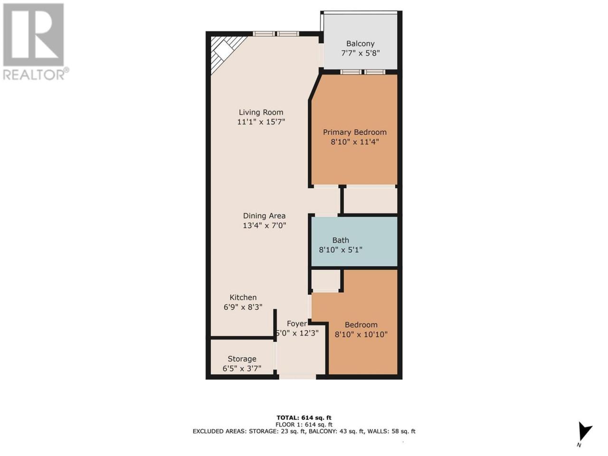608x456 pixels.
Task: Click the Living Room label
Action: (x=261, y=113)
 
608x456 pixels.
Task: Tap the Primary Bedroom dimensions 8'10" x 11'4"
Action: (x=354, y=142)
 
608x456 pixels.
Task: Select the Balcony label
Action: (x=360, y=44)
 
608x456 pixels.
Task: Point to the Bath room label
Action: (x=341, y=240)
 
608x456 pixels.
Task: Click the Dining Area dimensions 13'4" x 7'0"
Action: (x=264, y=225)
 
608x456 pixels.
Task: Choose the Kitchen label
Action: (x=243, y=297)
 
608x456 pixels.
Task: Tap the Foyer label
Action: (x=297, y=323)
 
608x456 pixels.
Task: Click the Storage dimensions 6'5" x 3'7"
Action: (x=242, y=369)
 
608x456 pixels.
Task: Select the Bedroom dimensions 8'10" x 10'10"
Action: (x=361, y=334)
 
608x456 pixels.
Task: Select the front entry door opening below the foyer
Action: (x=297, y=377)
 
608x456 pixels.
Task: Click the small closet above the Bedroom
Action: (x=325, y=280)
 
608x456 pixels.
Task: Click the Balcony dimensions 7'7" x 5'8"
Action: (x=360, y=53)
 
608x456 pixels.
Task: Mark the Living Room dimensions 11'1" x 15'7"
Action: (x=261, y=122)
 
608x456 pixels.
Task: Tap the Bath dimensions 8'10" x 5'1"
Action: (x=341, y=250)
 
